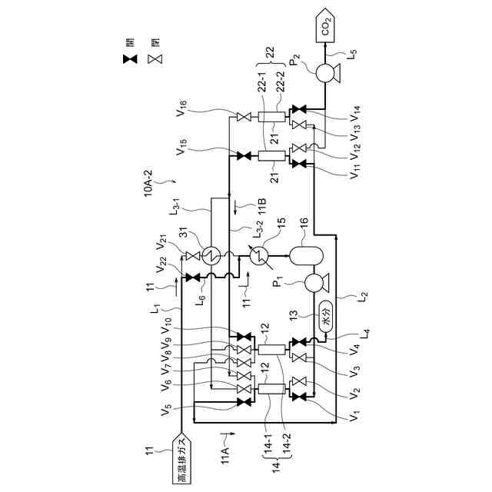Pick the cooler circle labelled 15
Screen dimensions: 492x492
click(261, 254)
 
